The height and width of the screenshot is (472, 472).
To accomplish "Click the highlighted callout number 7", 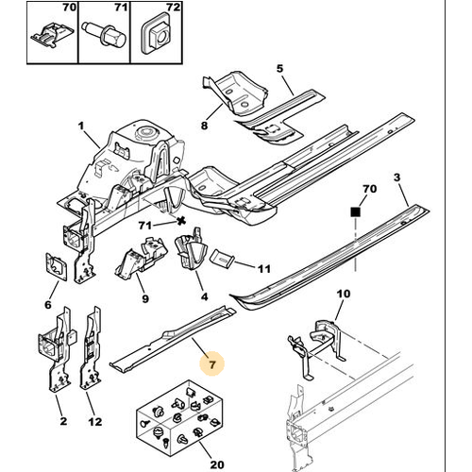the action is pyautogui.click(x=212, y=364).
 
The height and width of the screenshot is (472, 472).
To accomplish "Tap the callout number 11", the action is pyautogui.click(x=264, y=269).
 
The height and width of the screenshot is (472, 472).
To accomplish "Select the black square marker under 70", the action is pyautogui.click(x=355, y=211).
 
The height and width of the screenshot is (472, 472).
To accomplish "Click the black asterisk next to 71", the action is pyautogui.click(x=180, y=221).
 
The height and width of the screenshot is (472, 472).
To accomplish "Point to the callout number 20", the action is pyautogui.click(x=217, y=464).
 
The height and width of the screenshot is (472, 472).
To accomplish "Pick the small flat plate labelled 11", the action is pyautogui.click(x=222, y=258).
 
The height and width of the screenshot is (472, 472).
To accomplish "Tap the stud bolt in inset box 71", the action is pyautogui.click(x=104, y=35).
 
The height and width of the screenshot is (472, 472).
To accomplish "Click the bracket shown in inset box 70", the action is pyautogui.click(x=52, y=35).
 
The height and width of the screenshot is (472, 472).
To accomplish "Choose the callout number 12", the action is pyautogui.click(x=95, y=421).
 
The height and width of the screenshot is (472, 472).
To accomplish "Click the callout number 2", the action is pyautogui.click(x=63, y=421).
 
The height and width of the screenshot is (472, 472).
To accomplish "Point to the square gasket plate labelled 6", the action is pyautogui.click(x=57, y=266).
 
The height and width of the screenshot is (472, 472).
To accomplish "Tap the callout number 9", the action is pyautogui.click(x=145, y=298).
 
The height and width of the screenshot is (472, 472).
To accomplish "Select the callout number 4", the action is pyautogui.click(x=205, y=296).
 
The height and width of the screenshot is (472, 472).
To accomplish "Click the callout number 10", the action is pyautogui.click(x=344, y=294).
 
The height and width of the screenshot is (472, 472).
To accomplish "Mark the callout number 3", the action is pyautogui.click(x=397, y=177).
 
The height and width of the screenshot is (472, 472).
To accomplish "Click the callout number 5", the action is pyautogui.click(x=279, y=68).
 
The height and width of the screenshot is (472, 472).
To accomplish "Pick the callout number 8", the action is pyautogui.click(x=204, y=126).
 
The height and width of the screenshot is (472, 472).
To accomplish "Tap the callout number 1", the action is pyautogui.click(x=81, y=126).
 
